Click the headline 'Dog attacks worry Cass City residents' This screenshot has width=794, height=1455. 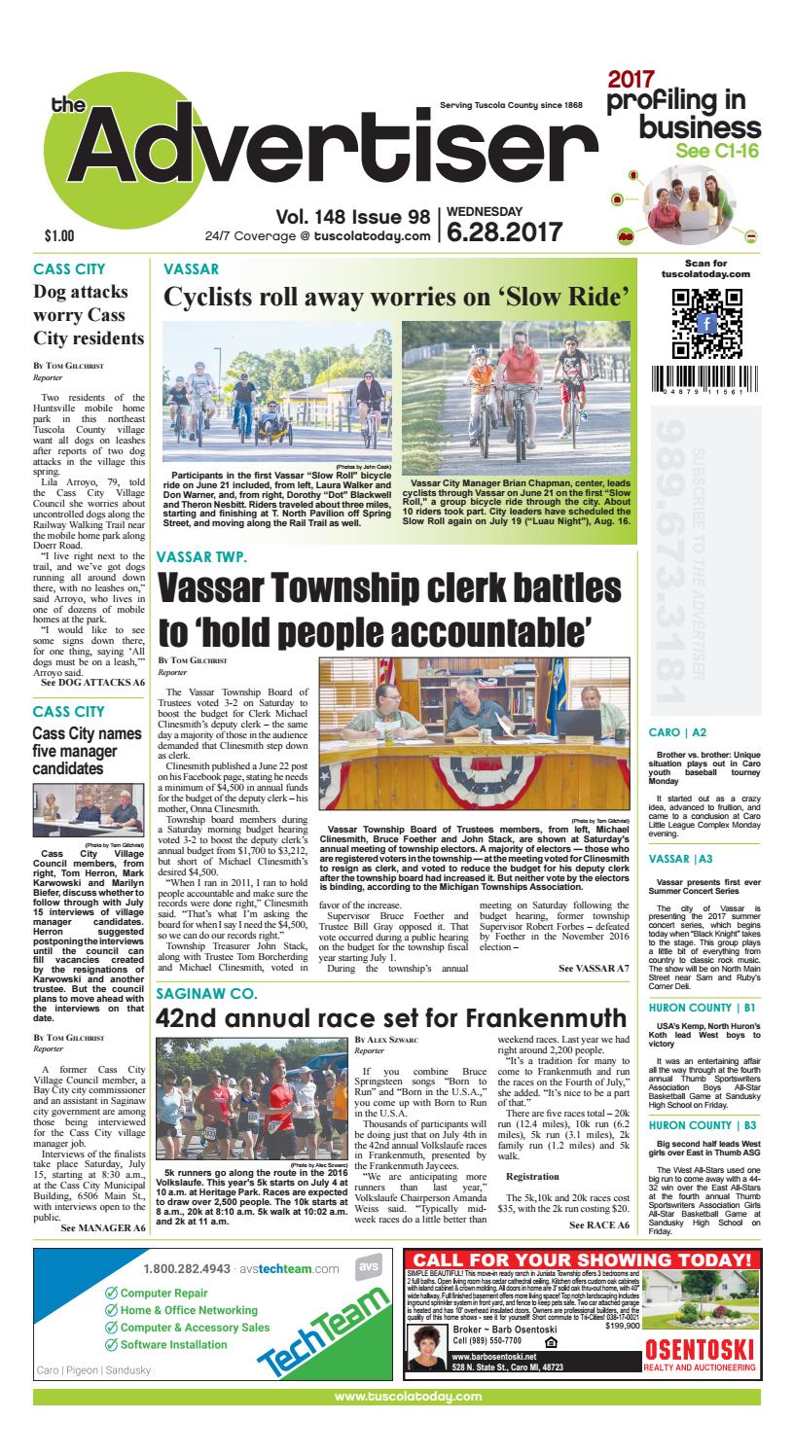point(89,313)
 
